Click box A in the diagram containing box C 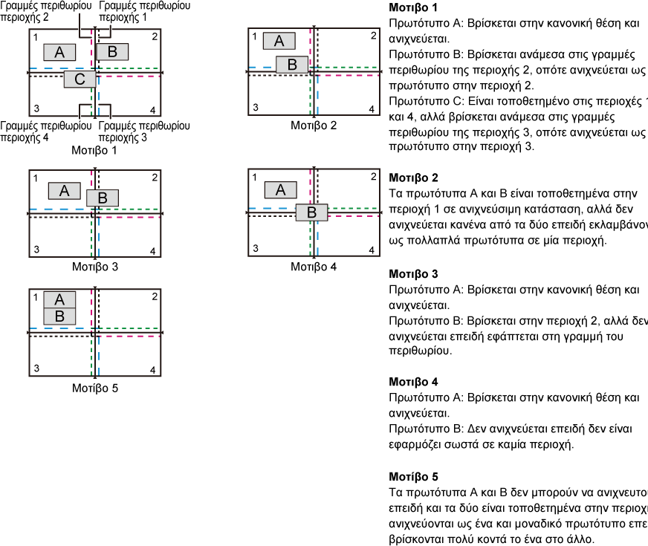click(x=59, y=52)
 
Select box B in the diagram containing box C click(x=112, y=52)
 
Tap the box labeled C click(x=80, y=79)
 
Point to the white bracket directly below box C click(x=85, y=111)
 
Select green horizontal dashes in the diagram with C click(x=130, y=68)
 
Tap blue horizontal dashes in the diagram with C click(x=52, y=68)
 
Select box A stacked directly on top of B click(x=59, y=299)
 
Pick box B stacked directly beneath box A click(x=59, y=316)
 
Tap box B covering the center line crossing click(x=311, y=212)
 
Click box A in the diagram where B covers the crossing click(x=280, y=190)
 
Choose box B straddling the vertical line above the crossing click(x=103, y=198)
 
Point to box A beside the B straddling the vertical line click(x=65, y=191)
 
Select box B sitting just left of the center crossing click(x=292, y=65)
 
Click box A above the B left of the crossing click(x=279, y=41)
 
